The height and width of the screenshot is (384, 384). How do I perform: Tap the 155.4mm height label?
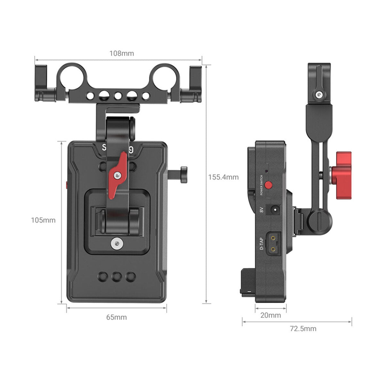click(x=223, y=177)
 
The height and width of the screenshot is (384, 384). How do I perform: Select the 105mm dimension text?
click(x=43, y=220)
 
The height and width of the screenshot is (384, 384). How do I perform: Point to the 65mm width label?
click(x=116, y=317)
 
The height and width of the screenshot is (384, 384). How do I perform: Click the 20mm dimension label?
click(x=271, y=315)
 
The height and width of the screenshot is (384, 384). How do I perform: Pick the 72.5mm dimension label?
click(x=303, y=329)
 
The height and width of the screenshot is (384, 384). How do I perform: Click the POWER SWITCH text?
click(x=261, y=185)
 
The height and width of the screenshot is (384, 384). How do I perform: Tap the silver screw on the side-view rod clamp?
click(x=319, y=95)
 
